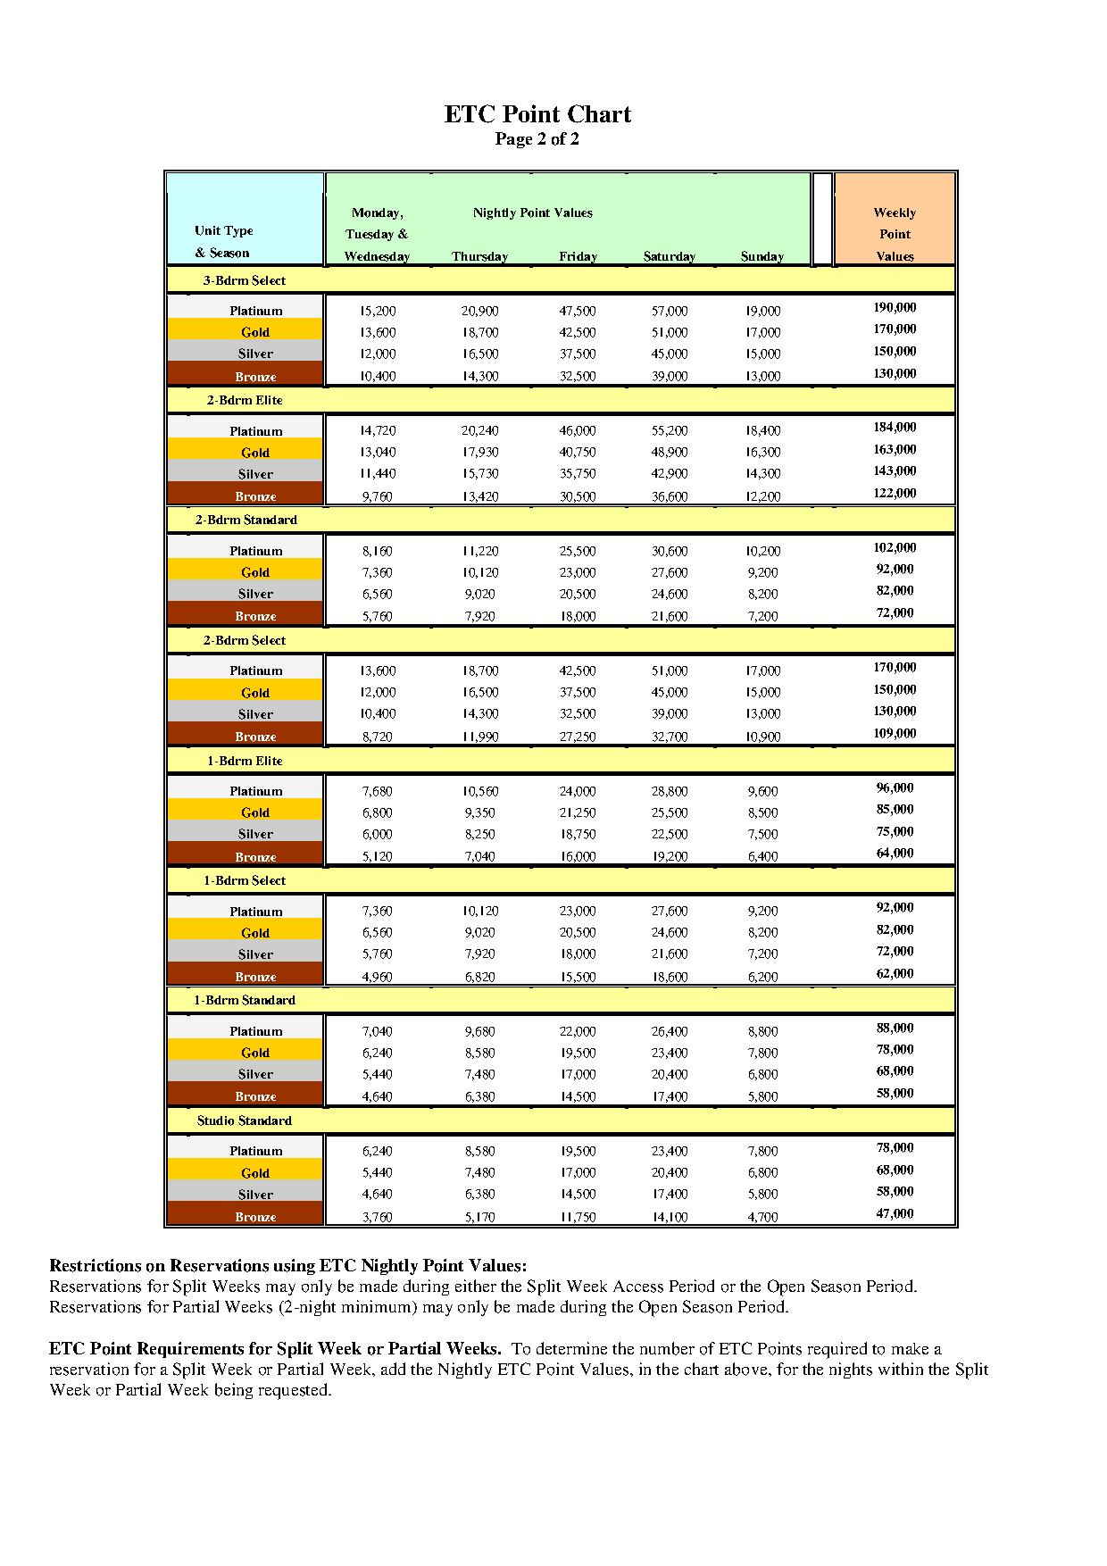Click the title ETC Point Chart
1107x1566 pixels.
click(537, 114)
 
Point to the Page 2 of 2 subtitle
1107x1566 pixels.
click(537, 139)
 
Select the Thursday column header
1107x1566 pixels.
click(479, 256)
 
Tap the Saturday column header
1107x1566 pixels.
click(669, 256)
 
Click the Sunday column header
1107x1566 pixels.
click(762, 256)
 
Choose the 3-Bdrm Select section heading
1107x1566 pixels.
click(244, 280)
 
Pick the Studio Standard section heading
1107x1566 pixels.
click(244, 1120)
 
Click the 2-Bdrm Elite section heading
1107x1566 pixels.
click(244, 400)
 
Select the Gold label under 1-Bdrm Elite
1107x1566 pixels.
click(255, 812)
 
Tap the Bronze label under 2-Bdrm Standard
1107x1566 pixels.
click(255, 616)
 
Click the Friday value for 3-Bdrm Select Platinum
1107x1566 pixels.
click(578, 311)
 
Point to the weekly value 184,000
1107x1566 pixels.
click(895, 428)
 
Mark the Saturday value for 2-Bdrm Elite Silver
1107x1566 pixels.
click(669, 474)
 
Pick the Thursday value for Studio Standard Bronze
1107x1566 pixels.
click(479, 1216)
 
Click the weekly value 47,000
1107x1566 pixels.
click(895, 1213)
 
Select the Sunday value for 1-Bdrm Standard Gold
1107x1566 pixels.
click(762, 1053)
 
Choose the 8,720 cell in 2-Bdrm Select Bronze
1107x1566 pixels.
click(377, 737)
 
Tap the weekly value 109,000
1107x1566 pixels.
click(895, 733)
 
